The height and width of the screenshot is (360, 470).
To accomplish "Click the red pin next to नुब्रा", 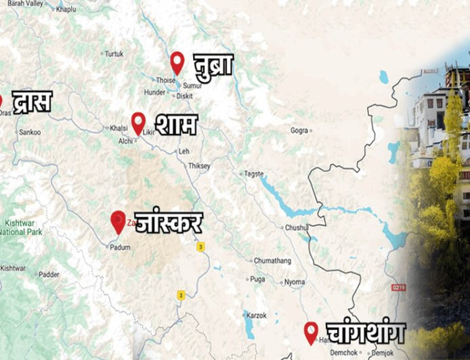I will [177, 62].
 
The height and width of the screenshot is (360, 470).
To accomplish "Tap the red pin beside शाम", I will [138, 123].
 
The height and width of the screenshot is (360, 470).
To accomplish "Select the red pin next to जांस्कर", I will [119, 221].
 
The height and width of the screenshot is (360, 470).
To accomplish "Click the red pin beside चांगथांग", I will [311, 332].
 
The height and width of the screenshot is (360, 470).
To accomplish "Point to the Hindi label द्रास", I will [32, 102].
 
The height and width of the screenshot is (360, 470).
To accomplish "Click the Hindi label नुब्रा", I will [213, 65].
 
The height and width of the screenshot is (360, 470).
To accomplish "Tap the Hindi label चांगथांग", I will [365, 333].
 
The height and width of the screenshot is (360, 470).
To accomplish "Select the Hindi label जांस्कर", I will [169, 221].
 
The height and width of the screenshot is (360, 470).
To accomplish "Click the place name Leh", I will [184, 151].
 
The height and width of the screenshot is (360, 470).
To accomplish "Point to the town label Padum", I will [121, 248].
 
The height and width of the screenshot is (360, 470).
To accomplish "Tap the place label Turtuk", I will [114, 53].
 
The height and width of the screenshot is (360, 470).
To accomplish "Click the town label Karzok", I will [257, 315].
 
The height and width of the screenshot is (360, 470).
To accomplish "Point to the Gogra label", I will [299, 130].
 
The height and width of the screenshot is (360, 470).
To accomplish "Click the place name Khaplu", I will [66, 9].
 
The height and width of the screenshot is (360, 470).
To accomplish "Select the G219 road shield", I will [398, 288].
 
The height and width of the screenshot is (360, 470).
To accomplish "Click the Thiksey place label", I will [200, 166].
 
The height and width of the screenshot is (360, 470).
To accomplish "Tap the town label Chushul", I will [296, 227].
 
